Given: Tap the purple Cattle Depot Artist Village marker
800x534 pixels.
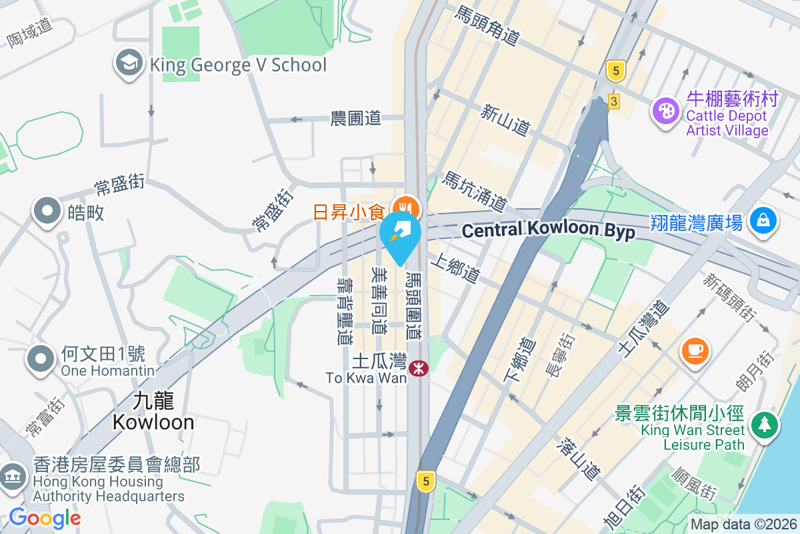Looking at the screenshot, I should (x=665, y=110).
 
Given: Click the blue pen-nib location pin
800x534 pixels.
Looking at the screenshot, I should (x=400, y=234).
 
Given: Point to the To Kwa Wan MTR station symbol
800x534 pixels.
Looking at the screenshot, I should (x=419, y=368).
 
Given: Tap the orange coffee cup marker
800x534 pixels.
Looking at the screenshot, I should (x=695, y=349).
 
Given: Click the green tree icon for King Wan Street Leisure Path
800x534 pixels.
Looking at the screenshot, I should (x=764, y=425).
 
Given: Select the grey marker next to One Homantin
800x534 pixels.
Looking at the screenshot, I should (x=41, y=358).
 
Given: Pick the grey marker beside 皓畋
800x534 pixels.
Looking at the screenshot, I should (x=47, y=211).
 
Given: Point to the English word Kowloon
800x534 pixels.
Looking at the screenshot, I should (x=153, y=422).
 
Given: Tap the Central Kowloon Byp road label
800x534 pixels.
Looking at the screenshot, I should (x=548, y=231).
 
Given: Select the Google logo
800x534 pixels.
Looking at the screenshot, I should (x=45, y=518).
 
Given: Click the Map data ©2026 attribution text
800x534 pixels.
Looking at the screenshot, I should (x=743, y=524).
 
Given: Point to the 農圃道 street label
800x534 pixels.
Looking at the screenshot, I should (x=356, y=118).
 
